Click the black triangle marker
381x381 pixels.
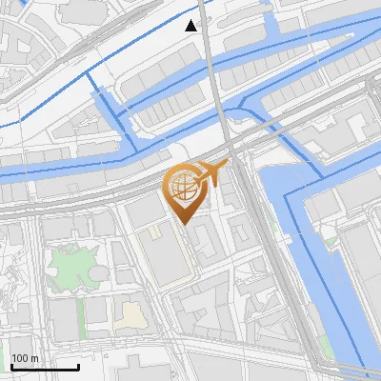[x=191, y=26]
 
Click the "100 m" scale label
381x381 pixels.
[x=25, y=359]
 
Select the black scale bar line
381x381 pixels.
[x=44, y=367]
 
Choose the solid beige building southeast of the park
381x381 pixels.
[x=128, y=311]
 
